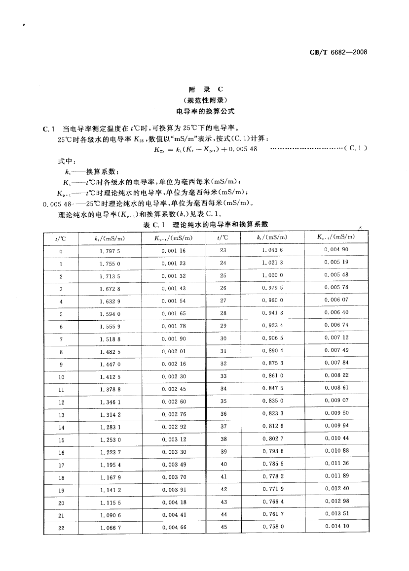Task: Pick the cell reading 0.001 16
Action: pyautogui.click(x=173, y=251)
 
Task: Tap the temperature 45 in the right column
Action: pyautogui.click(x=223, y=527)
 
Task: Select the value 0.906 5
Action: pyautogui.click(x=272, y=338)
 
